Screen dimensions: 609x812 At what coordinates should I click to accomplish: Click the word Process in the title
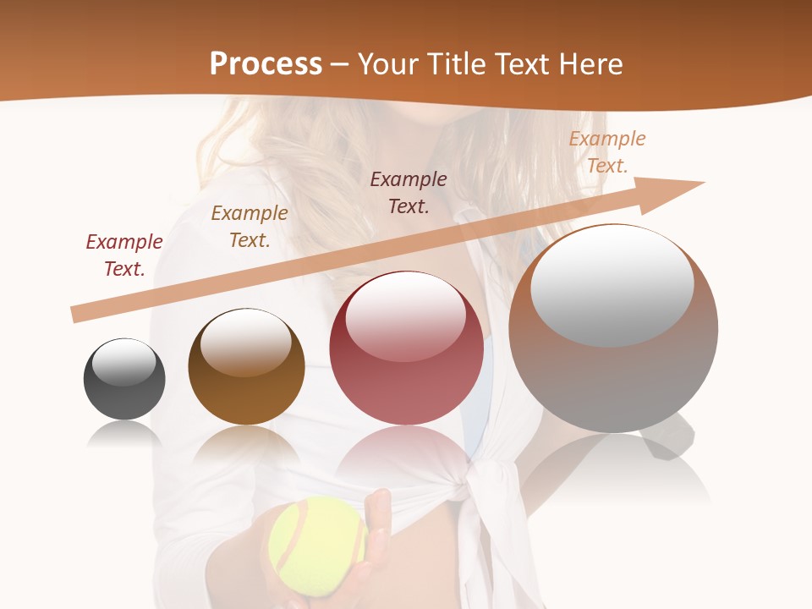tap(266, 64)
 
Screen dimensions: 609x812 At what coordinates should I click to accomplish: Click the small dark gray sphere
tap(124, 380)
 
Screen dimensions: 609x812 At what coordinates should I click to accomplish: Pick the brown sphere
tap(246, 367)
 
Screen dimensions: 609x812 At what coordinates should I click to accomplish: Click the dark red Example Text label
tap(124, 255)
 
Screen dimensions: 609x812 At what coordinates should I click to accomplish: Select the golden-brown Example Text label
tap(250, 227)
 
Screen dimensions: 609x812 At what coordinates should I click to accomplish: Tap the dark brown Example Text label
tap(409, 192)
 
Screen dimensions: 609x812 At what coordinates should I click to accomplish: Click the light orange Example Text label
tap(607, 152)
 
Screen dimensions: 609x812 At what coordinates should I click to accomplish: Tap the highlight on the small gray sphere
tap(124, 362)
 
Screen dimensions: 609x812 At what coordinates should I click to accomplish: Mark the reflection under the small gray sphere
tap(124, 435)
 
